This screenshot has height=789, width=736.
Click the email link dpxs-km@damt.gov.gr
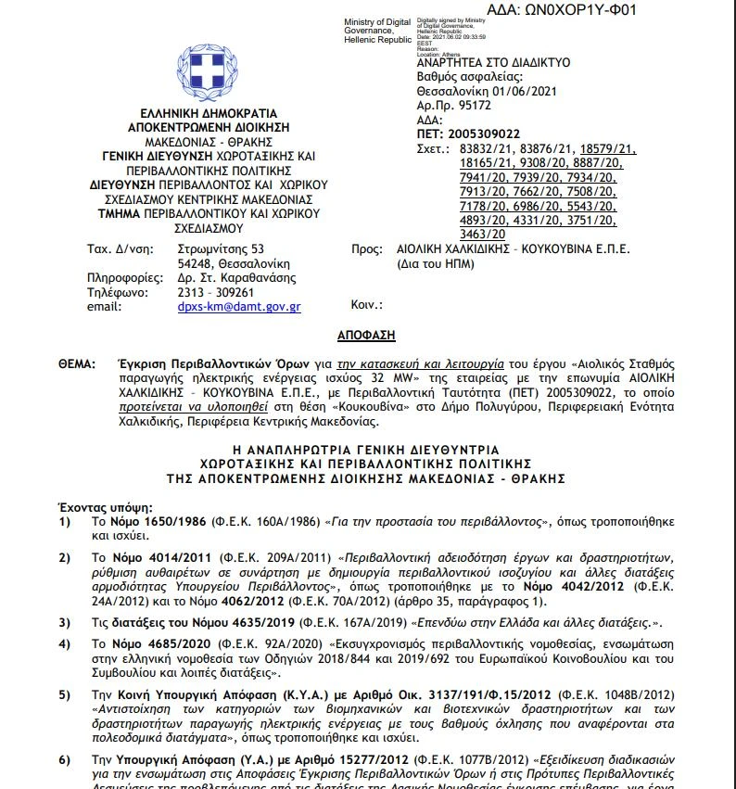click(x=239, y=307)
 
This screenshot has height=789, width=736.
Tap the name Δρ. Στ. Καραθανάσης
click(x=236, y=277)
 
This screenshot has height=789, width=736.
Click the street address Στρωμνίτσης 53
click(x=221, y=248)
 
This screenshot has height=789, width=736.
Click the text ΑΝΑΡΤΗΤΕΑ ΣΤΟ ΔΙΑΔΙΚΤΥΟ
click(x=493, y=62)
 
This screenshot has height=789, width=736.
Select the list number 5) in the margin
click(x=65, y=694)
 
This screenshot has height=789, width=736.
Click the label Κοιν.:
click(x=367, y=305)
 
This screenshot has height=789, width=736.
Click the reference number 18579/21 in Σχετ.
click(x=607, y=148)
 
